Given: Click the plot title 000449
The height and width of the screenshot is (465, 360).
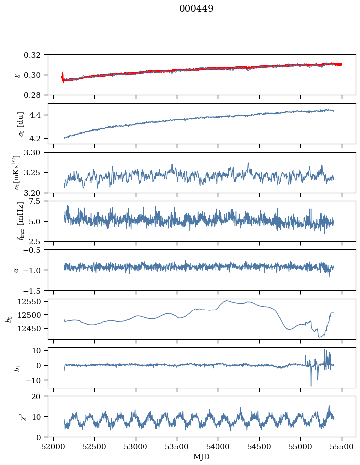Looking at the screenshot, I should point(196,9).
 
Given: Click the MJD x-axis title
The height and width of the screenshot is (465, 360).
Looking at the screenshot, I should point(202,456).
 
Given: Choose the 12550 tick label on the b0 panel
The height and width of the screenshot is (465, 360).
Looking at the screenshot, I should point(33,302).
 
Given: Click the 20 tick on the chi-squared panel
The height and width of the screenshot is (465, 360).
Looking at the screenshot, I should point(40,397).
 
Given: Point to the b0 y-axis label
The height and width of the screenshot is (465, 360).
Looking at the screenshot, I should point(9,319).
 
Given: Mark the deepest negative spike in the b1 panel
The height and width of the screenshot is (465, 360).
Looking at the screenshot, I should point(311,386).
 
